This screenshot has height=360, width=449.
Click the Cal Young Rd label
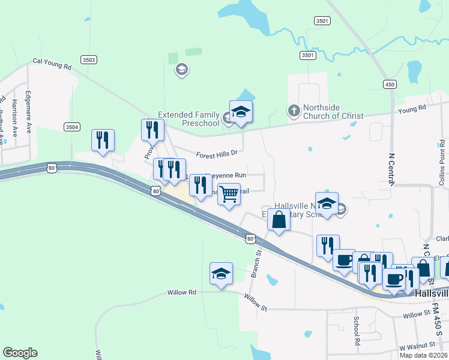point(52,61)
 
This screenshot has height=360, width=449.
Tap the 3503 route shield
point(89,60)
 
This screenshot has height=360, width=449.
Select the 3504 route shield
point(71,127)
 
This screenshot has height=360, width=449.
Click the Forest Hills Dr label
point(217,154)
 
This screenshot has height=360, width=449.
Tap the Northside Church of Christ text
point(333,112)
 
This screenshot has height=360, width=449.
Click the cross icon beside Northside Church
point(294,110)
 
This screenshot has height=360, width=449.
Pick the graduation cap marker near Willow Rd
point(221,274)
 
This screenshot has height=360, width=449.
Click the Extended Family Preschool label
point(188,119)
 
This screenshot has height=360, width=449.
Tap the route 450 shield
point(390,85)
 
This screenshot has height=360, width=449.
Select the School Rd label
point(357,330)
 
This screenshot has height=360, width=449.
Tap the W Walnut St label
point(418,345)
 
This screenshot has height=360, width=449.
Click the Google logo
point(20,353)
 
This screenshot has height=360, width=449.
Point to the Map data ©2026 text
point(423,355)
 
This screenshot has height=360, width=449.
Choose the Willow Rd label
point(181,292)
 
